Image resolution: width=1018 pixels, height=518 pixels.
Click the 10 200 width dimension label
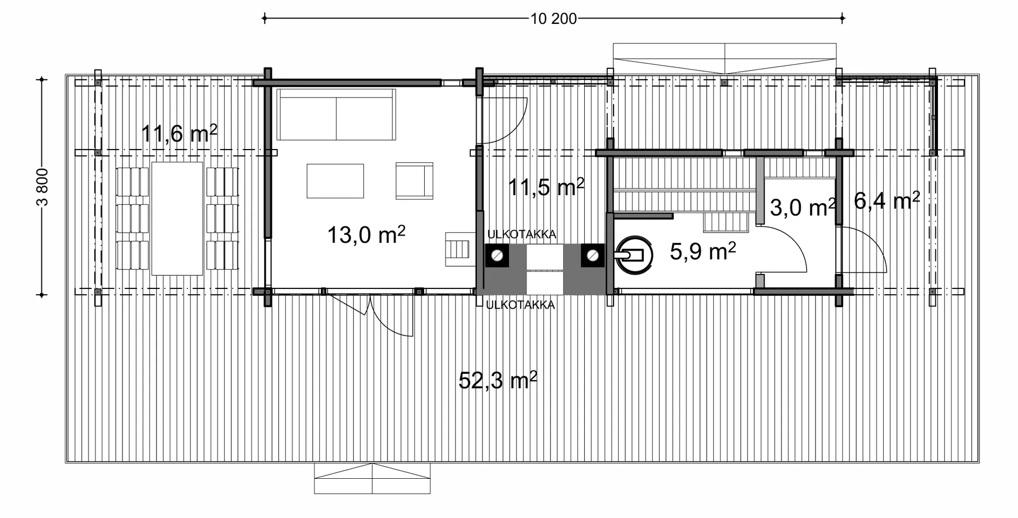554,19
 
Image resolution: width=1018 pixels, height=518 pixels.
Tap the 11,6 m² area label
179,133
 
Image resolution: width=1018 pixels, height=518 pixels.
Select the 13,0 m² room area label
366,234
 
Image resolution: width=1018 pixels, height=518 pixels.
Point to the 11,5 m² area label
546,187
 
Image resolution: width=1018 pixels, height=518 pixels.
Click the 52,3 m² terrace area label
498,380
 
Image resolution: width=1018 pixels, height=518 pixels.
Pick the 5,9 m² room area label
703,251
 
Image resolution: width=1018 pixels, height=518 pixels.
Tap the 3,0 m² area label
803,207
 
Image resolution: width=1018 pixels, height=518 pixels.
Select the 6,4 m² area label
887,200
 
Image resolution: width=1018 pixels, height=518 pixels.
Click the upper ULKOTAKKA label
522,234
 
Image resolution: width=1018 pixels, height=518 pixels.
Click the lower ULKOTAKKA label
520,305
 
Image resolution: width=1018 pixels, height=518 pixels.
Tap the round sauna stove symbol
634,256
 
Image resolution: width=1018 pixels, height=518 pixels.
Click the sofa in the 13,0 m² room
336,115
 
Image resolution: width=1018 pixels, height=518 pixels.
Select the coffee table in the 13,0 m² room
335,181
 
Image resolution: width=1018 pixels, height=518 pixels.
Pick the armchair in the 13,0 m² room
414,181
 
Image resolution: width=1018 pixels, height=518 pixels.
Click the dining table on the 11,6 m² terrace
177,218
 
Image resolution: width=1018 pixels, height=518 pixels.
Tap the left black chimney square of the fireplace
497,256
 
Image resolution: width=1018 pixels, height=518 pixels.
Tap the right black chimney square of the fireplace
592,256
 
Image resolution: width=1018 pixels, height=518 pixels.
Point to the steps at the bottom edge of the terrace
372,479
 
